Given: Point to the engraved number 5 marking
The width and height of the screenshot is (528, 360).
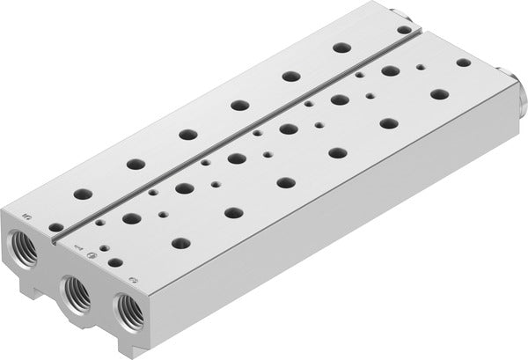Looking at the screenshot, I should (x=27, y=213).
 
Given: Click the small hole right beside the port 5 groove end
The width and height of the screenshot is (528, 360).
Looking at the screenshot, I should (x=55, y=227).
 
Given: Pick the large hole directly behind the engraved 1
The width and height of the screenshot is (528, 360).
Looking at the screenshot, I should (x=131, y=217).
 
